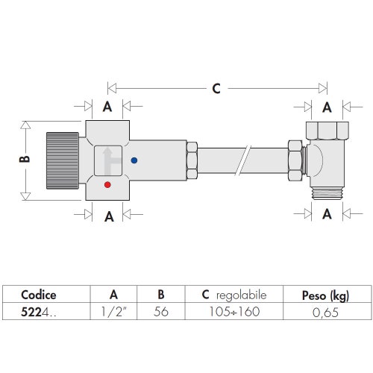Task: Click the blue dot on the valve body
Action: pos(134,160)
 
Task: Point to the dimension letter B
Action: pos(23,158)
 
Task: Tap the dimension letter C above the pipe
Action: pos(216,88)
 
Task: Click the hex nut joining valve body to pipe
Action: pos(191,160)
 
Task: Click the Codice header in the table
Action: pos(38,295)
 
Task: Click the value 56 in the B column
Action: pos(160,310)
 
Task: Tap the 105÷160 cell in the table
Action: pos(233,310)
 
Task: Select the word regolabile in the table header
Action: pos(241,295)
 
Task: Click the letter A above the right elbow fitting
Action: pos(327,106)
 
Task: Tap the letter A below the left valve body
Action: pos(108,216)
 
